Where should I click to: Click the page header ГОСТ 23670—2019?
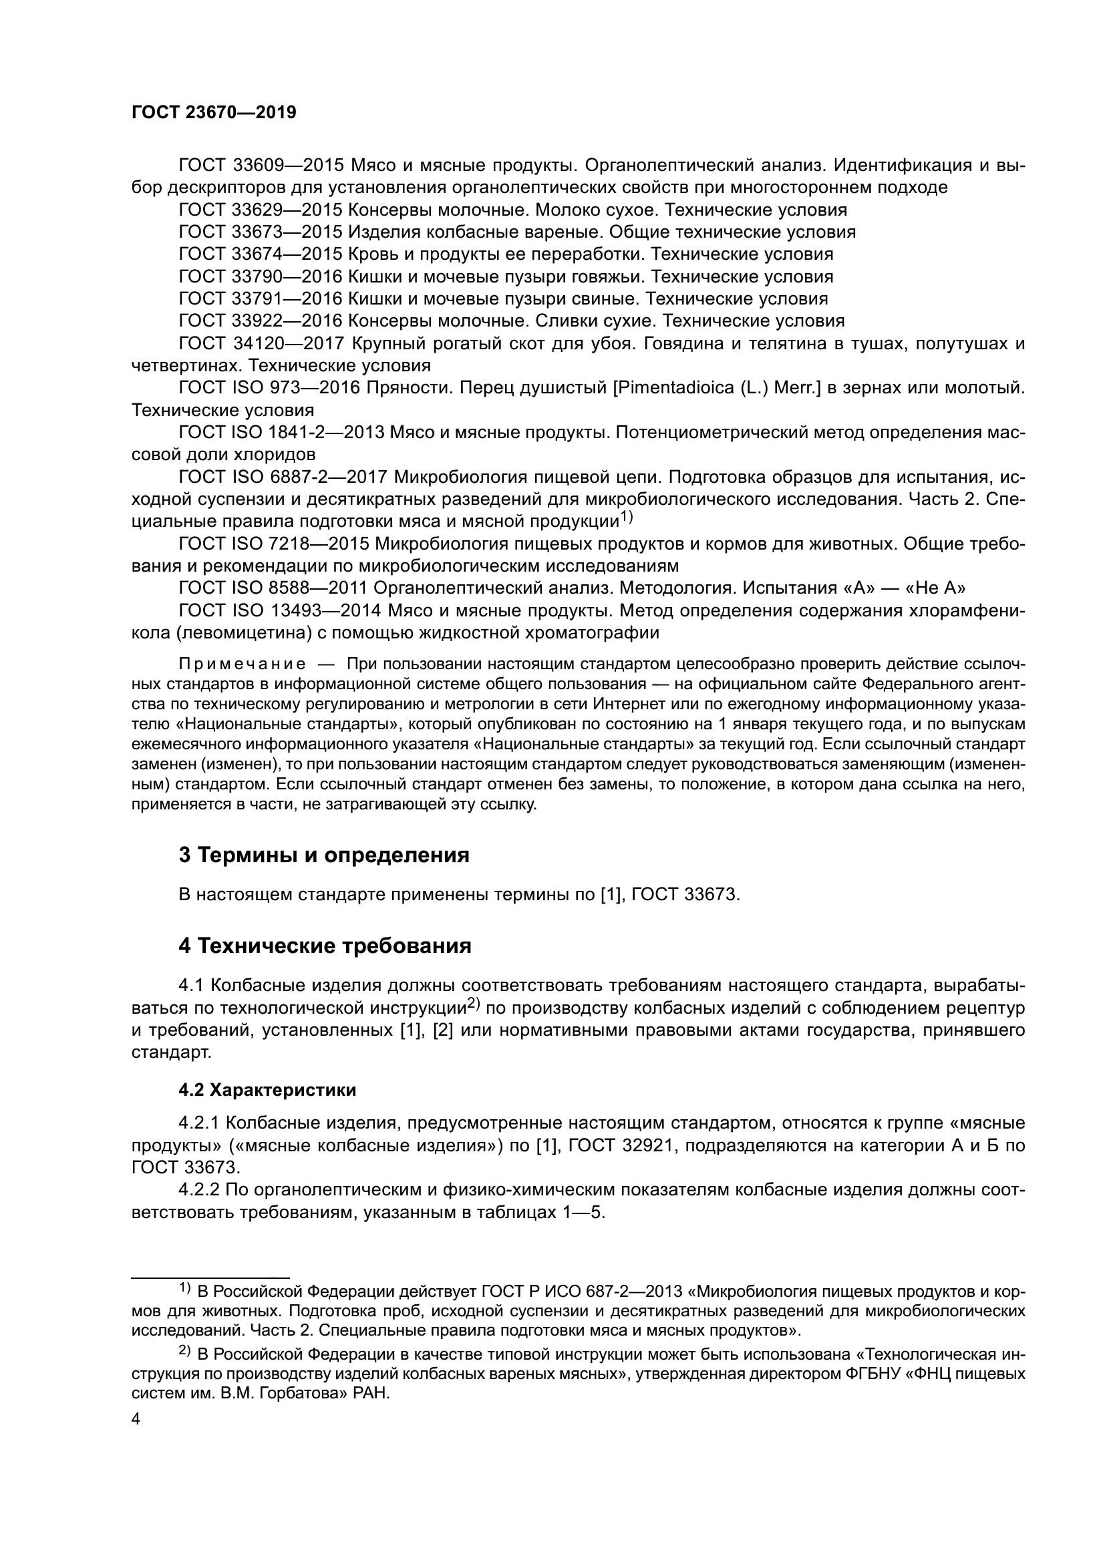pyautogui.click(x=214, y=113)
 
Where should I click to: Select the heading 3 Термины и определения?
pyautogui.click(x=324, y=855)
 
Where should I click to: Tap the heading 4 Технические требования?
pyautogui.click(x=325, y=946)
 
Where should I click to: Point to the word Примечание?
pyautogui.click(x=242, y=664)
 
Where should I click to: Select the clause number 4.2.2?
pyautogui.click(x=199, y=1190)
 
